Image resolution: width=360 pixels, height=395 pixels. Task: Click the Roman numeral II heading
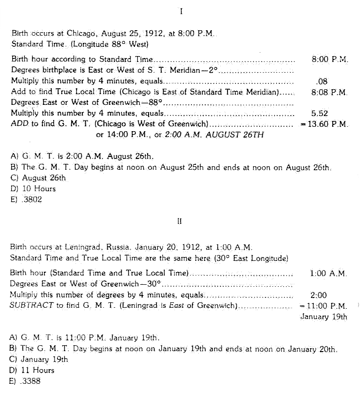click(x=179, y=221)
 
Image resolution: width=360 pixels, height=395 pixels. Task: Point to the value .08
click(x=322, y=81)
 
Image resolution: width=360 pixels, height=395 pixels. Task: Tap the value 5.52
click(x=320, y=114)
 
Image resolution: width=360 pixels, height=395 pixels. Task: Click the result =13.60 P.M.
click(x=324, y=124)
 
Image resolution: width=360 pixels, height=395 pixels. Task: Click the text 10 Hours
click(x=38, y=189)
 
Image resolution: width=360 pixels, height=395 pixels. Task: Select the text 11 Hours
click(x=38, y=371)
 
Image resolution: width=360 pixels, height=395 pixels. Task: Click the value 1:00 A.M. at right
click(x=328, y=274)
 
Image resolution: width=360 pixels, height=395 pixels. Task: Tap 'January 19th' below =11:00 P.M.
click(x=323, y=317)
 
